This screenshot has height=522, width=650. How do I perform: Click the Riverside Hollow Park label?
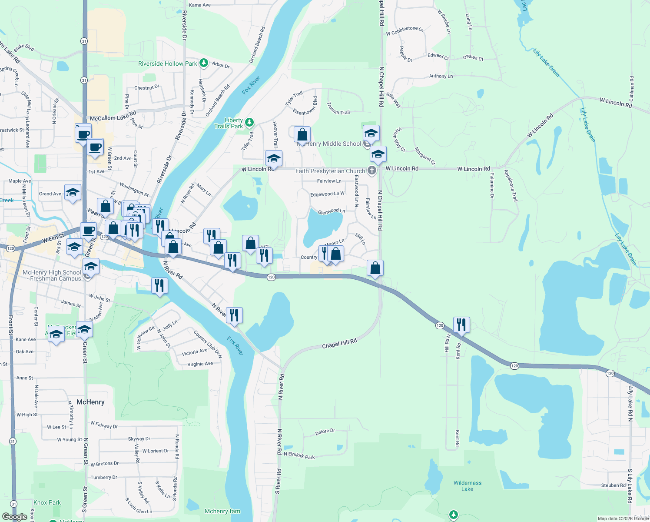(167, 64)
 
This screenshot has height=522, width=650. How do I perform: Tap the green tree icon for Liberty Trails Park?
(249, 123)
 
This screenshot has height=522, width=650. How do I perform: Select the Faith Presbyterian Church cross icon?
(372, 171)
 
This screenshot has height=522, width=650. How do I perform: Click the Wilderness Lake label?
(467, 486)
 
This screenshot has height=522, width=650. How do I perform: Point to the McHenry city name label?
(90, 402)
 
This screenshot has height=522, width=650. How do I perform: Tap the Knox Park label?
(47, 502)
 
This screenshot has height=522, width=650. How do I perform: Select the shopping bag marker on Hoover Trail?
(302, 135)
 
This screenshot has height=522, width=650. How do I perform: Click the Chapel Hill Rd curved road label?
(339, 344)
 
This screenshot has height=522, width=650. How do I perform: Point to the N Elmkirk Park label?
(299, 455)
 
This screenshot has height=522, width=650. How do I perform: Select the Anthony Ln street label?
(441, 76)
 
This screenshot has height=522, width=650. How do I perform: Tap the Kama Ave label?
(200, 5)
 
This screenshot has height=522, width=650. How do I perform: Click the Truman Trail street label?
(338, 108)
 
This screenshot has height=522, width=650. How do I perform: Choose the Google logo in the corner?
(14, 517)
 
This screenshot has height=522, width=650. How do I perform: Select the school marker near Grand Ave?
(73, 193)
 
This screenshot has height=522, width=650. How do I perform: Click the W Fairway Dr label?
(104, 425)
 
